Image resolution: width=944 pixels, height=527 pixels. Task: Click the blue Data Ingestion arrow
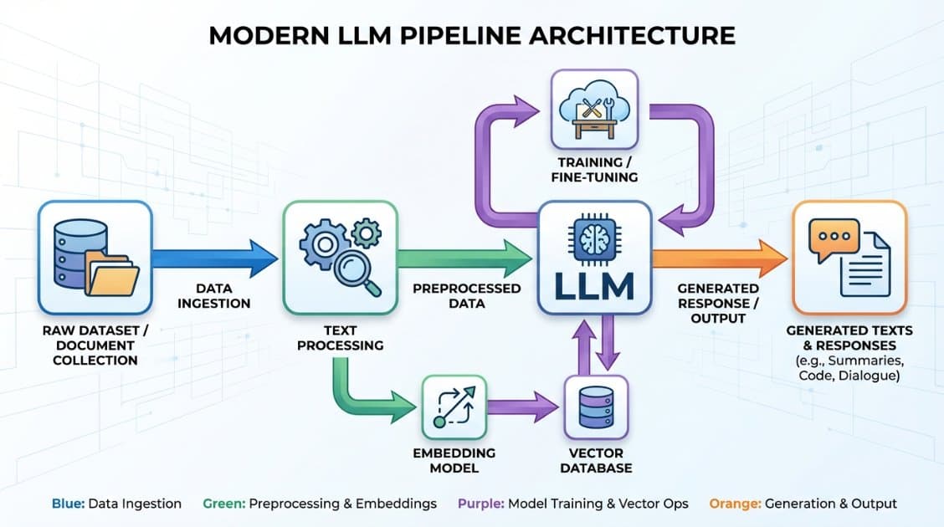point(214,258)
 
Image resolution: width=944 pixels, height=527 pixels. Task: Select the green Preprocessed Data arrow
point(464,258)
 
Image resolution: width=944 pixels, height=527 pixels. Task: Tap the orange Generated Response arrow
point(720,258)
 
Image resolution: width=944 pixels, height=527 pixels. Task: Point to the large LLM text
point(594,286)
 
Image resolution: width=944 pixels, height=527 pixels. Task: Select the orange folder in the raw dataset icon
point(112,273)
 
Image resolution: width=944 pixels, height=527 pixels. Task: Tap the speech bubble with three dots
point(834,239)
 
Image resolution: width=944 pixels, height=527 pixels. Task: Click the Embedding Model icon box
point(454,407)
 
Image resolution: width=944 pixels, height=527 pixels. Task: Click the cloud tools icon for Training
point(594,110)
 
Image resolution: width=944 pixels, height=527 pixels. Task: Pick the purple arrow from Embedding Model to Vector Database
point(522,407)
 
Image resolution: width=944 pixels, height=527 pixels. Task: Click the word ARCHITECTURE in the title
point(632,35)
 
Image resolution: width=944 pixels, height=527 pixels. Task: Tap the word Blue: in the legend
point(68,504)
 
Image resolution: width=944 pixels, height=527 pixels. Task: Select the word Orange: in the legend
point(735,504)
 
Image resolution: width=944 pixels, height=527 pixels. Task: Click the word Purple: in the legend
point(481,504)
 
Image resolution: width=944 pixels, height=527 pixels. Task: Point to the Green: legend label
point(224,504)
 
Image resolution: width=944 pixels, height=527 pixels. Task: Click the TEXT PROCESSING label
point(340,338)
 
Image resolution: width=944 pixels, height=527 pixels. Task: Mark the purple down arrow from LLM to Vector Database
point(608,341)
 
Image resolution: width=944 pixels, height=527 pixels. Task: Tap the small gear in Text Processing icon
point(366,233)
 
